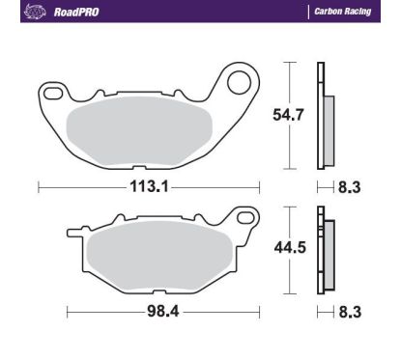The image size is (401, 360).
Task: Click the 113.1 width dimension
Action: (x=149, y=187)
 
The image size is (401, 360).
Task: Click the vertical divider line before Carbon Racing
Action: (x=308, y=13)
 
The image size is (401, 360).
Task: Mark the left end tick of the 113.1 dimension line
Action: (x=38, y=187)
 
